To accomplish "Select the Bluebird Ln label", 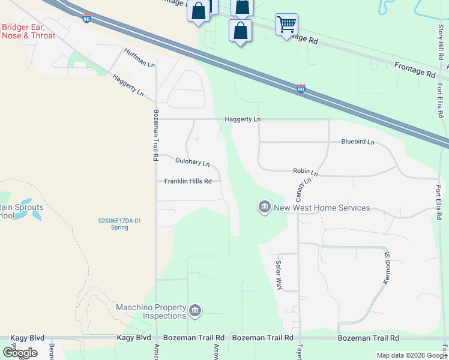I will tap(357, 142).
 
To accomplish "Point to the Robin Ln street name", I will tap(305, 172).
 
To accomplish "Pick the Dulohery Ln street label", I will tap(192, 162).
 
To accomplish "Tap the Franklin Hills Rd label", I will tap(188, 181).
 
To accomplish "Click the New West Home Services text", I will tap(322, 208).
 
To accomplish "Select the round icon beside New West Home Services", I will tap(264, 208).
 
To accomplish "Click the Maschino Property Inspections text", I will tap(151, 311).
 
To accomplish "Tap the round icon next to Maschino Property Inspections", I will tap(195, 311).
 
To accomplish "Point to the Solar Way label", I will tap(279, 275).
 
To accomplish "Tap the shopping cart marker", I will tap(286, 25).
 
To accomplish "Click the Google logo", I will tap(20, 352).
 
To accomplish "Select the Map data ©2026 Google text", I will tap(411, 355).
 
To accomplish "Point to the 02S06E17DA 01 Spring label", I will tap(120, 224).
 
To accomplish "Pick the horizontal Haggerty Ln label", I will tap(243, 119).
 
